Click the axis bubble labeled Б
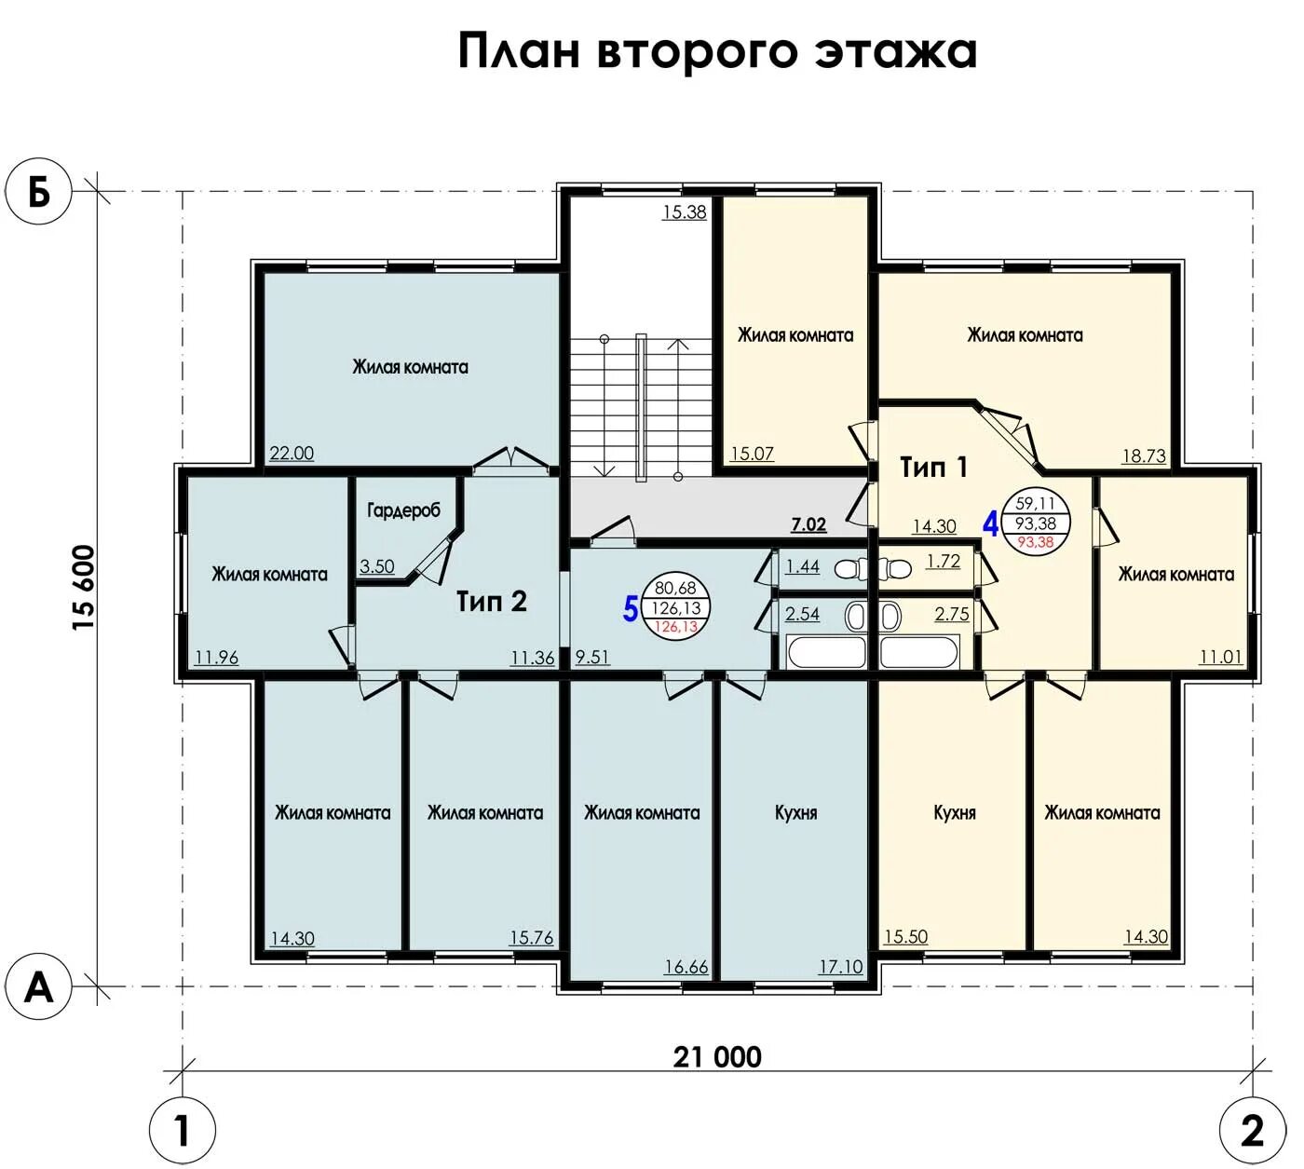(38, 191)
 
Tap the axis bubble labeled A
(38, 986)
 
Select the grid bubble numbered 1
(183, 1131)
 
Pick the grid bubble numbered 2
(1253, 1131)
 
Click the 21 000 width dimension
(717, 1056)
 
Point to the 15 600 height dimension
(85, 588)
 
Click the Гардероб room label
(404, 510)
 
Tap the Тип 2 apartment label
(492, 601)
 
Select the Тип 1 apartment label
(933, 467)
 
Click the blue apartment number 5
(631, 609)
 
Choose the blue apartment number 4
(991, 524)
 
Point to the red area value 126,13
(675, 626)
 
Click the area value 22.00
(292, 454)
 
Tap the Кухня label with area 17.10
(795, 813)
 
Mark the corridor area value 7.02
(808, 524)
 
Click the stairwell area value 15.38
(685, 211)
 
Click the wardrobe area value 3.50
(376, 566)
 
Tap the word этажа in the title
(895, 51)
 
